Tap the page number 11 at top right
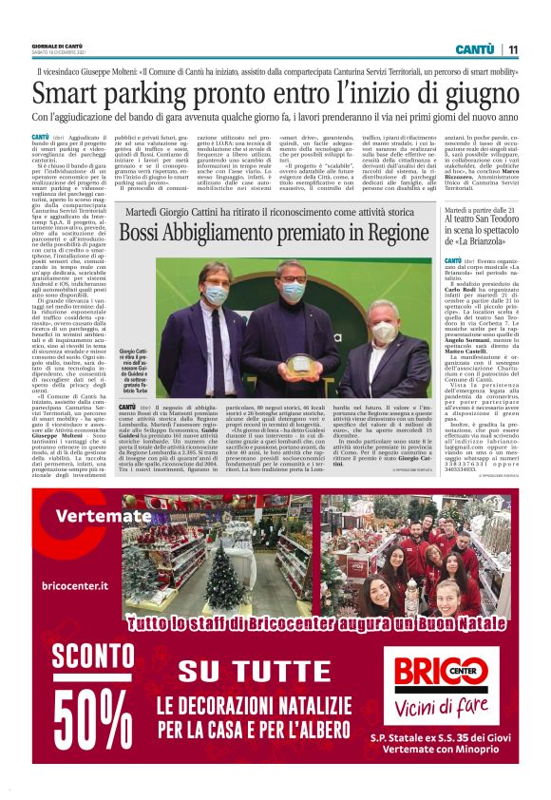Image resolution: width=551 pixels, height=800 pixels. coord(512,49)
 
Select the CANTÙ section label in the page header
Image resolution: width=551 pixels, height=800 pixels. coord(474,49)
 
